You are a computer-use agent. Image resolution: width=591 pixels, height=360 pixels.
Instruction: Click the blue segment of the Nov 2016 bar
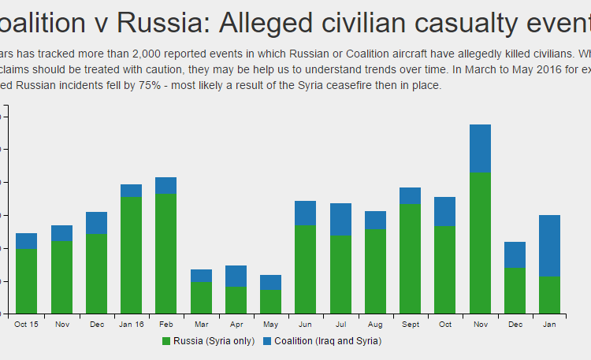[480, 149]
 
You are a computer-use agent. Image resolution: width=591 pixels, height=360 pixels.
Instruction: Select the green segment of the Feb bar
[165, 253]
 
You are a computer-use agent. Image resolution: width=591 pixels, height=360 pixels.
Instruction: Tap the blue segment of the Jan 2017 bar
[549, 246]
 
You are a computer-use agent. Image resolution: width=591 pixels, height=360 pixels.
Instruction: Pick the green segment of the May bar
[270, 301]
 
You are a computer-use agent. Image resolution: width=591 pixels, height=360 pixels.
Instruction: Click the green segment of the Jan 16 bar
[131, 254]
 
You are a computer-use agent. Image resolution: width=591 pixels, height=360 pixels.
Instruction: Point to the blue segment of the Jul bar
[340, 220]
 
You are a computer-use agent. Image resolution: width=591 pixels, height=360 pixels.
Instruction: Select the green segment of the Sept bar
[410, 258]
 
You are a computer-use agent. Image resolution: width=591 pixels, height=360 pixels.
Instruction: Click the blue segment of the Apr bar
[236, 276]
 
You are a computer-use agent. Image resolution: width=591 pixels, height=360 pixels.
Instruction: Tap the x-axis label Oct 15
[26, 325]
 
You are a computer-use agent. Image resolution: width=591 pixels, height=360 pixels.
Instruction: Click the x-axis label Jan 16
[131, 325]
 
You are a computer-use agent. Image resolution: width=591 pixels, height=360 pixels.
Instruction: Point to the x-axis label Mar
[201, 325]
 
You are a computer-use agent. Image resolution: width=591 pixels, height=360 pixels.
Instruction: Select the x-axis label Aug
[375, 325]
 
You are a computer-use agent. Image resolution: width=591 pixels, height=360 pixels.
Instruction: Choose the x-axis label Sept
[410, 325]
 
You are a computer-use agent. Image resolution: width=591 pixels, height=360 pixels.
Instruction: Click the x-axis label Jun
[305, 325]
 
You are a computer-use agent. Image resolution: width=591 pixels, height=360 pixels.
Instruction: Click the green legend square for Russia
[166, 341]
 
